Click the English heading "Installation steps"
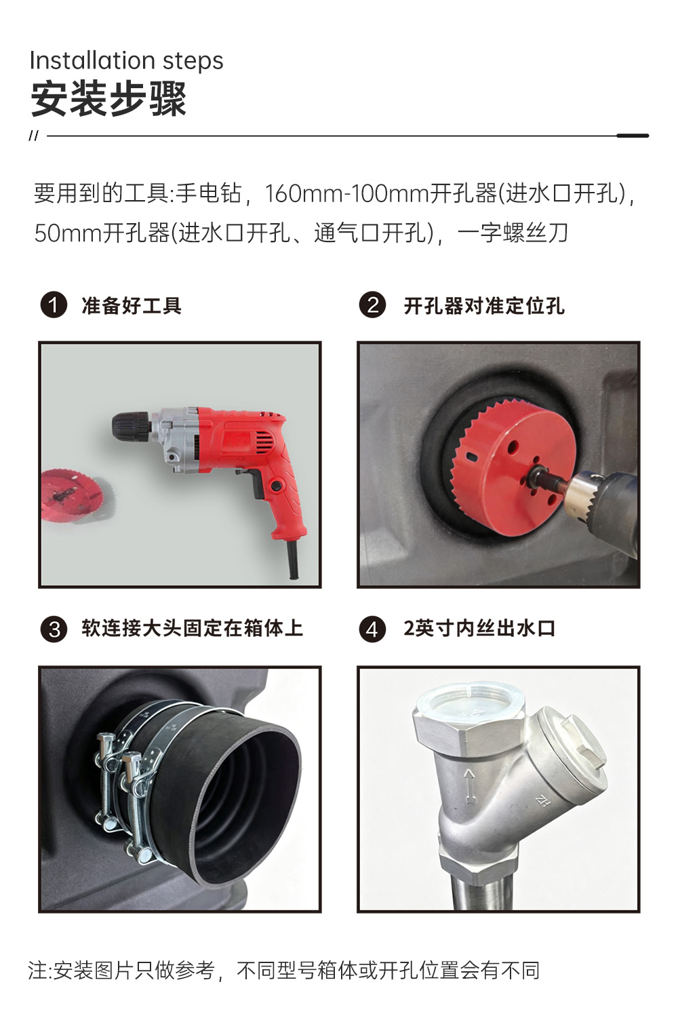(127, 61)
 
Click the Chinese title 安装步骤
(109, 99)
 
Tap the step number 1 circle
(54, 305)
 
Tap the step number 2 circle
(372, 305)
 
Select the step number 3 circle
(54, 629)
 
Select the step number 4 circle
(372, 629)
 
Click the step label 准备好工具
(132, 306)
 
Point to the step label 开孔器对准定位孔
(484, 306)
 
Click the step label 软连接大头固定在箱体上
(193, 629)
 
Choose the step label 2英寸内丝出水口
(479, 629)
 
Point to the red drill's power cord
(293, 560)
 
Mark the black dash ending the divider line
(633, 136)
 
